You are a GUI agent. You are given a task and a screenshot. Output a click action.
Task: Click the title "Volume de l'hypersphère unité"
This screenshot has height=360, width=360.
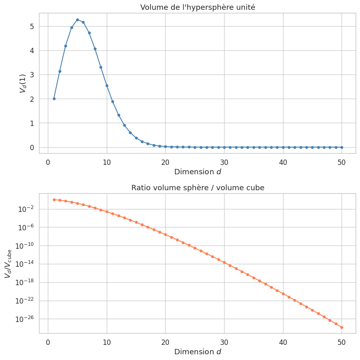click(x=198, y=7)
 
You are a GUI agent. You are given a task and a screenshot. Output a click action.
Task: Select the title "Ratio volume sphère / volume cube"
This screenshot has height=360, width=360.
click(x=198, y=188)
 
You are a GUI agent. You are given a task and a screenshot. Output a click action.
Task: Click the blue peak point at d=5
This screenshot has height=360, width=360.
click(x=77, y=20)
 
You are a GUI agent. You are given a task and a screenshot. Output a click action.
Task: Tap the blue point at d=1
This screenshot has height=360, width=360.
click(x=54, y=99)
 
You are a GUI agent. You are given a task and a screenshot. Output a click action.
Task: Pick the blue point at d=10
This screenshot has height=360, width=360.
click(x=107, y=85)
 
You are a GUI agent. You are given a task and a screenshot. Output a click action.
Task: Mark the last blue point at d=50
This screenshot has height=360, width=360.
click(x=342, y=147)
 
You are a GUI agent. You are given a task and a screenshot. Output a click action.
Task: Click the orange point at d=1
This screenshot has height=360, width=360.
click(x=54, y=200)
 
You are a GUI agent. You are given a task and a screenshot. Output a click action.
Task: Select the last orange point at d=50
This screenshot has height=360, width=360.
click(x=342, y=327)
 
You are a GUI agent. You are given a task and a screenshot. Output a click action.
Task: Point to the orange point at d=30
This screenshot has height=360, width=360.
click(x=224, y=262)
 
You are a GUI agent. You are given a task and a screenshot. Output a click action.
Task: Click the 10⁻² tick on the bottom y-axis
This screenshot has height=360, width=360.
click(x=27, y=209)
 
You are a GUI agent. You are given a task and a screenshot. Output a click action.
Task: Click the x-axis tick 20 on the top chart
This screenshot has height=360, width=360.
click(x=165, y=162)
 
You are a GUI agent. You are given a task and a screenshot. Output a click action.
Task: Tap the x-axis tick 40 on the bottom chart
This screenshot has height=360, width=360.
click(x=283, y=342)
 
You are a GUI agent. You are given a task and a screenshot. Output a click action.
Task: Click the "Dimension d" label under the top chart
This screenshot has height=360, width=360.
click(x=198, y=172)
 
